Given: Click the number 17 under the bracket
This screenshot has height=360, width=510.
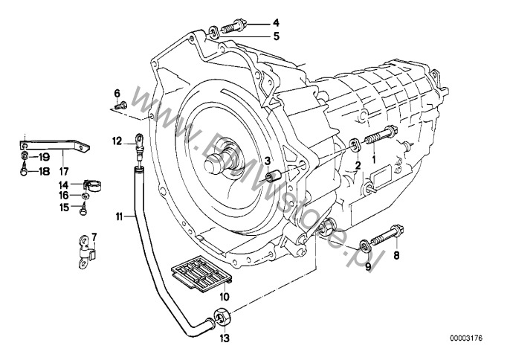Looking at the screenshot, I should click(x=63, y=159).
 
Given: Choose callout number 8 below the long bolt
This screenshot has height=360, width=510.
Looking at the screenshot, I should click(x=396, y=255).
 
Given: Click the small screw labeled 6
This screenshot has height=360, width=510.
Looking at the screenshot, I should click(x=123, y=106).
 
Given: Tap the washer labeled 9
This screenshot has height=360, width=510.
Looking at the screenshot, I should click(x=364, y=244).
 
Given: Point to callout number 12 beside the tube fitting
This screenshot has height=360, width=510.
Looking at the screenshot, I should click(x=117, y=139).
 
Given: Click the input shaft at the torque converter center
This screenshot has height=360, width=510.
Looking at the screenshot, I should click(x=224, y=158).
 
